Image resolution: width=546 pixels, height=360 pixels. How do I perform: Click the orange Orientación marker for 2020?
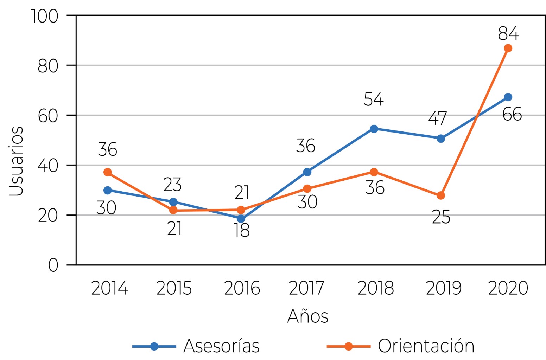tap(508, 48)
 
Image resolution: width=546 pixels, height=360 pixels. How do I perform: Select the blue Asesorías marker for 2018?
tap(374, 129)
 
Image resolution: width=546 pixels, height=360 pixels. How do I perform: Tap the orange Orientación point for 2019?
tap(440, 195)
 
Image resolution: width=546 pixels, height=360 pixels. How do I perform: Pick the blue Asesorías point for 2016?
tap(241, 219)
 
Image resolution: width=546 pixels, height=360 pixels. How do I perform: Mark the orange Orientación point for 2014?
tap(108, 172)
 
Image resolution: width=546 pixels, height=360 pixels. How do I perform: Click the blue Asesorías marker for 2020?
tap(508, 97)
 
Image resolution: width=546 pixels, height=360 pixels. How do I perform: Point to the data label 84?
tap(508, 34)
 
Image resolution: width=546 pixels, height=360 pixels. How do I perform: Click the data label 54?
tap(374, 99)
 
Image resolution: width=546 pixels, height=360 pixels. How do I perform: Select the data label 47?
tap(438, 118)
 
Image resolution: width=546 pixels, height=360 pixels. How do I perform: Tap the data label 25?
tap(441, 218)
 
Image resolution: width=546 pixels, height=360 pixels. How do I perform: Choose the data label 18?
tap(242, 231)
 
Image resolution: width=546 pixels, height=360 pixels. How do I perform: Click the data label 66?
tap(512, 114)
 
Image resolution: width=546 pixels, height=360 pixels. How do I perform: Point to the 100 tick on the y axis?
tap(45, 16)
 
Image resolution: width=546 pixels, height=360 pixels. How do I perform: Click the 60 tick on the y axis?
tap(48, 116)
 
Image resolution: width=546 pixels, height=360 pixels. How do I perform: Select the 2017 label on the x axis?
tap(306, 288)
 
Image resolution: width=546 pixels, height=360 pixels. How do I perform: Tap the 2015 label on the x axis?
tap(174, 288)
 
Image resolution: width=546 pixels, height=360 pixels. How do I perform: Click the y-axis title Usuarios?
tap(16, 161)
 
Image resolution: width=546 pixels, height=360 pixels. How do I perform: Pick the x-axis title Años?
tap(308, 316)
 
